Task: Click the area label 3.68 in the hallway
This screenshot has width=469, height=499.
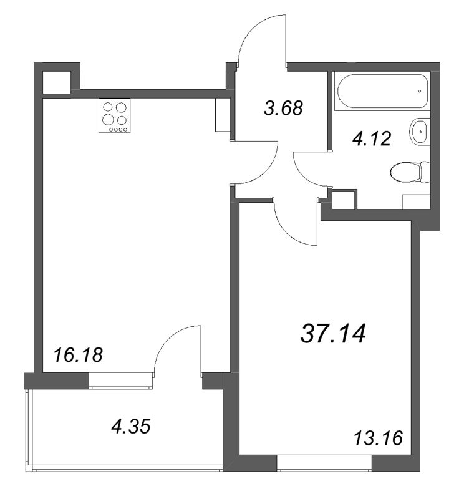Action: point(283,108)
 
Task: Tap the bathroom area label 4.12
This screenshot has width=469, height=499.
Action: point(371,139)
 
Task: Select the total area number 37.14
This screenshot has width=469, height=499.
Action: point(333,334)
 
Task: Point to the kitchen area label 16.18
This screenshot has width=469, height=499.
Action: point(79,355)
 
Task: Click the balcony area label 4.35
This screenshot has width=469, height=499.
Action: point(131,426)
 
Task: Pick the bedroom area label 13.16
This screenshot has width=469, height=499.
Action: point(379,438)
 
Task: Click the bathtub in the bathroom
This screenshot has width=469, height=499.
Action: point(382,91)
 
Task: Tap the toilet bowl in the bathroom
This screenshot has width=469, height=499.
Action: point(410,172)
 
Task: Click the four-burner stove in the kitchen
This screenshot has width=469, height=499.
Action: point(115,115)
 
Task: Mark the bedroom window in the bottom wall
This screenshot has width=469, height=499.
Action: point(324,463)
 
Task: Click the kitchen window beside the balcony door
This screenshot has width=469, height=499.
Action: point(121,380)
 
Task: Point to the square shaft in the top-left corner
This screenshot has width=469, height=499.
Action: point(56,83)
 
